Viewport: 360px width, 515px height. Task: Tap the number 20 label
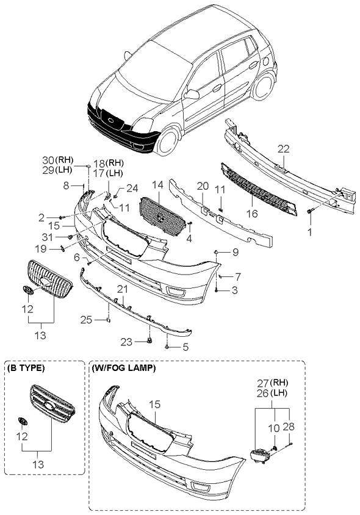[202, 185]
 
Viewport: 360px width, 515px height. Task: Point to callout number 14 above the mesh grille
[157, 184]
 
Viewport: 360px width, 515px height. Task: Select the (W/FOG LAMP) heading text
[124, 369]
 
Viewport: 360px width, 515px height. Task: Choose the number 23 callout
[126, 342]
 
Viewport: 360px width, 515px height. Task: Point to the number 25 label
[87, 319]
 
